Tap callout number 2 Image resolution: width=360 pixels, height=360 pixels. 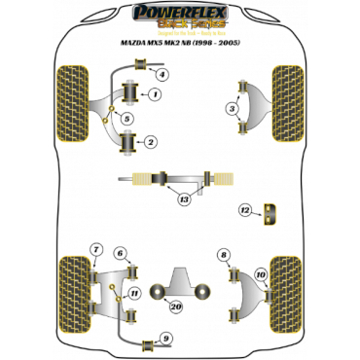pos(152,143)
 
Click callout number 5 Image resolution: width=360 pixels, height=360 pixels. pos(127,118)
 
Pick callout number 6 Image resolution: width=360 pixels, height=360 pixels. pos(121,255)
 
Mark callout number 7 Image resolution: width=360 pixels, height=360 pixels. pos(95,252)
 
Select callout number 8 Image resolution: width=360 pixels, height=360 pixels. pos(224,255)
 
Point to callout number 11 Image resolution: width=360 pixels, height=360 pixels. pos(134,293)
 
